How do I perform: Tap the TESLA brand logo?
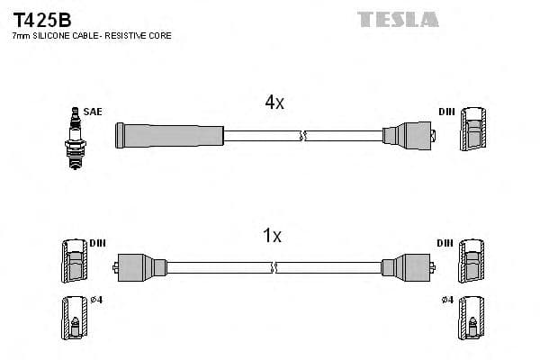(x=397, y=19)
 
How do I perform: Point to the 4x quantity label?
(x=274, y=103)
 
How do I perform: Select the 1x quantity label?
(x=271, y=237)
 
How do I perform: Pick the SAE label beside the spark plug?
(x=93, y=112)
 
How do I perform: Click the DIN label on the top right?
(x=446, y=112)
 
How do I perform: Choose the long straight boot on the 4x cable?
(x=169, y=136)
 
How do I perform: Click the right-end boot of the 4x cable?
(x=409, y=136)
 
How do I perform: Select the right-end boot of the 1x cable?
(x=406, y=267)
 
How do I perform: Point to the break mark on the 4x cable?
(x=305, y=136)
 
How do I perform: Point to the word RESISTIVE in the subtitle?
(x=132, y=36)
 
